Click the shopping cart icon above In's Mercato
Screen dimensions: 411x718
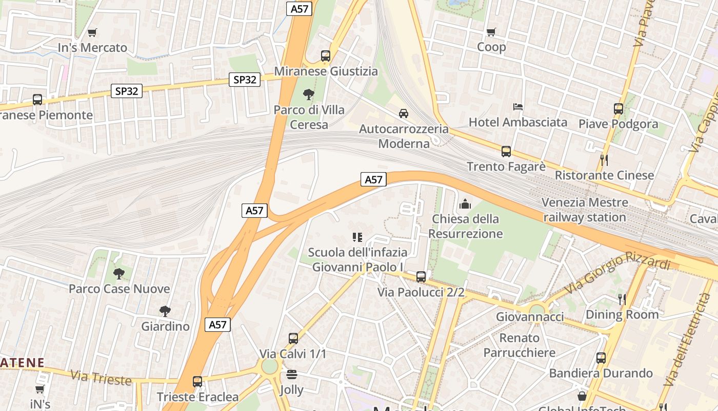[92, 33]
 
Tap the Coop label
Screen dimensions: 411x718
[491, 47]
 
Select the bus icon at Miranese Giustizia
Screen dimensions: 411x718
[325, 56]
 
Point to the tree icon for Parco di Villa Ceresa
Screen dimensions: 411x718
[308, 95]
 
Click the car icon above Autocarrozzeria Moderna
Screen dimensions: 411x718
[404, 113]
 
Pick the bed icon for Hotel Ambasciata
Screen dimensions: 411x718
[518, 107]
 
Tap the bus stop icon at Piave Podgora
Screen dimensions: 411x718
[618, 109]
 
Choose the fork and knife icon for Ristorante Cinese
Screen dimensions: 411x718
[604, 160]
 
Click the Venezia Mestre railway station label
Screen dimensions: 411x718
[585, 210]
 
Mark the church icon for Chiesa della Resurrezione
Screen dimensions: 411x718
[465, 204]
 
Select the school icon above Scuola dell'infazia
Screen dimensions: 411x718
[357, 237]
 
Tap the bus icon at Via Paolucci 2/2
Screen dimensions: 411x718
[421, 277]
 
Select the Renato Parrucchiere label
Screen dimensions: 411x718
[520, 345]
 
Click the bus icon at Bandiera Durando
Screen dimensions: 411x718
[601, 358]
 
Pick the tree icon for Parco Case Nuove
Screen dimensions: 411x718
[119, 274]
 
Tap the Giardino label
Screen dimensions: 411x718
[165, 326]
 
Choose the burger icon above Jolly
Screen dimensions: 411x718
[292, 375]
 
